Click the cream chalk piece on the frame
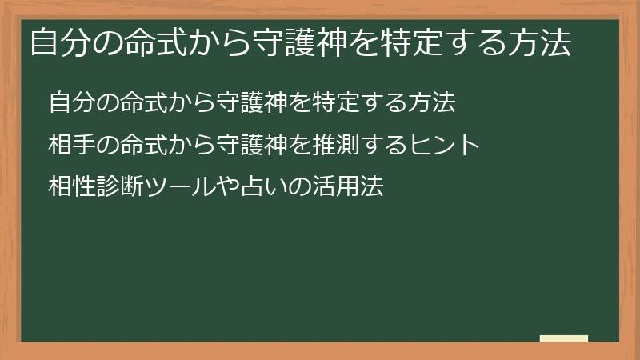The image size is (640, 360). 564,338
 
